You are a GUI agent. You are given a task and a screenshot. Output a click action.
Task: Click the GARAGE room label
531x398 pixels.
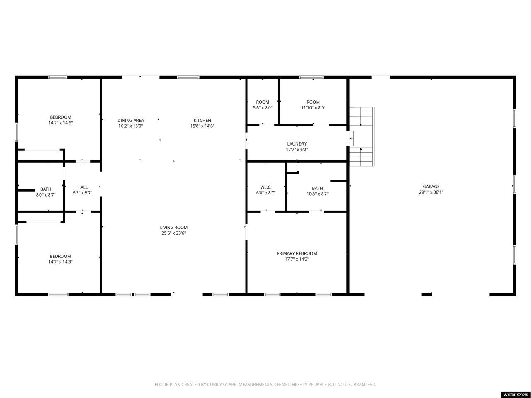pyautogui.click(x=431, y=187)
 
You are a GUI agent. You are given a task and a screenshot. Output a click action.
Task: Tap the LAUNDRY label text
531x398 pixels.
pyautogui.click(x=297, y=144)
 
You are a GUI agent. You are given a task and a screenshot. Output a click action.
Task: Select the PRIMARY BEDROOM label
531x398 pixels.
pyautogui.click(x=297, y=253)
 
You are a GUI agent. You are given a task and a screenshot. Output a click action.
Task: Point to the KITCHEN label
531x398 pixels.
pyautogui.click(x=202, y=120)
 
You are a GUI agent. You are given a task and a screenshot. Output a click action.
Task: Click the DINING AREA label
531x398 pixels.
pyautogui.click(x=131, y=120)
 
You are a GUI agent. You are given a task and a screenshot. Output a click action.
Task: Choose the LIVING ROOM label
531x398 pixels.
pyautogui.click(x=173, y=227)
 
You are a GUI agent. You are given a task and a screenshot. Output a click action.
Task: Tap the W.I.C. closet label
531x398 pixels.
pyautogui.click(x=266, y=187)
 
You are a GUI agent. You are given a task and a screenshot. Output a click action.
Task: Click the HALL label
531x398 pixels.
pyautogui.click(x=83, y=187)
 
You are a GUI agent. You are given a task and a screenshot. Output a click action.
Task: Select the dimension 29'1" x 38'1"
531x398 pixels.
pyautogui.click(x=431, y=192)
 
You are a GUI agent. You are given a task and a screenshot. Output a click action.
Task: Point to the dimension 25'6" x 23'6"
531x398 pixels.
pyautogui.click(x=174, y=233)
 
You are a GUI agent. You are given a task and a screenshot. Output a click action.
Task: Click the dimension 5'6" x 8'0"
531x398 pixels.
pyautogui.click(x=263, y=108)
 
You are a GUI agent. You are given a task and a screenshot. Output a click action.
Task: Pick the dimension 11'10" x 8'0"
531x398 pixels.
pyautogui.click(x=313, y=108)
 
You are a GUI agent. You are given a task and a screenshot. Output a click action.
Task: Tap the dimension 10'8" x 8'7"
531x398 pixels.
pyautogui.click(x=317, y=194)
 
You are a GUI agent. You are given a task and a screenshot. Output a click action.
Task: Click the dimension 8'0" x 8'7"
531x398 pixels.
pyautogui.click(x=46, y=195)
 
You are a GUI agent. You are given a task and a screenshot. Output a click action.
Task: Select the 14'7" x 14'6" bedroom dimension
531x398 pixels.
pyautogui.click(x=61, y=123)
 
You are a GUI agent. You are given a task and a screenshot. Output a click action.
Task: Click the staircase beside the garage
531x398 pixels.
pyautogui.click(x=362, y=136)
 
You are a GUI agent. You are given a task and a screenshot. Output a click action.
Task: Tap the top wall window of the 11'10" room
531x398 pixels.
pyautogui.click(x=311, y=78)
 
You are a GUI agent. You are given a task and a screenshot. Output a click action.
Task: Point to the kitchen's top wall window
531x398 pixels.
pyautogui.click(x=188, y=78)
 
